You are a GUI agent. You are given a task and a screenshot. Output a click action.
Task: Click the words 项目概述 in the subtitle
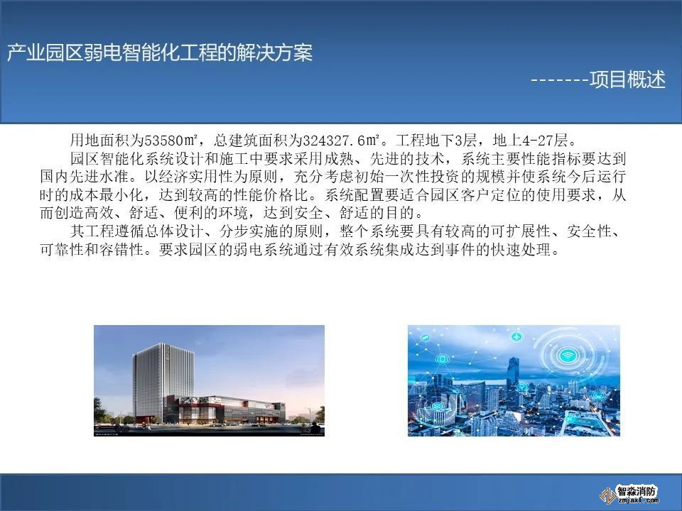click(x=627, y=79)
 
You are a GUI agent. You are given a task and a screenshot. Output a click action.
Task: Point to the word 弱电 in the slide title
click(x=103, y=53)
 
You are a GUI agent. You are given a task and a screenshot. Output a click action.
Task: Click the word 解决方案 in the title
click(x=274, y=53)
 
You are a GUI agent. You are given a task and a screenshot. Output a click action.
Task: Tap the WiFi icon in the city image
click(x=566, y=356)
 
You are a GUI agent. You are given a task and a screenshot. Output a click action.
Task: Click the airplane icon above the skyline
click(x=516, y=336)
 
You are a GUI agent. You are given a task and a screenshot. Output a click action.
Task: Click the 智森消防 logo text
click(x=637, y=492)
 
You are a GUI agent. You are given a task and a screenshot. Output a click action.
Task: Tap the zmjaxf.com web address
click(x=637, y=500)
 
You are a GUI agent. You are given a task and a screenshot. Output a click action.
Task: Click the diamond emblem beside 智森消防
click(x=607, y=495)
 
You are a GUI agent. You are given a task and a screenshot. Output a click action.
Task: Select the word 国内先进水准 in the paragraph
click(x=85, y=177)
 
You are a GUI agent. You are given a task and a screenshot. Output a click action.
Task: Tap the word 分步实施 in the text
click(x=249, y=231)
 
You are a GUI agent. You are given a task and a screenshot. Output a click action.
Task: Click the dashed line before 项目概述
click(x=560, y=80)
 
